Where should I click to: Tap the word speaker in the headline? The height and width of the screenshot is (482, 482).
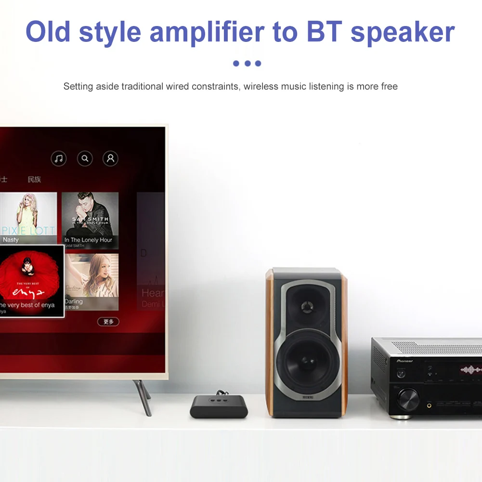(x=403, y=32)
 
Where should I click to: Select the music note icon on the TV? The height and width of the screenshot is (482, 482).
(x=59, y=158)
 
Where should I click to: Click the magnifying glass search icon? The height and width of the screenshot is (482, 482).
(x=85, y=158)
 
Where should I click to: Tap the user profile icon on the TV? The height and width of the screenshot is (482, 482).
(x=110, y=158)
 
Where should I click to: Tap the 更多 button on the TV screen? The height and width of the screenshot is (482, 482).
(x=108, y=322)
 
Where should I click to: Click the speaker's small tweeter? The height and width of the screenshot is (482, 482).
(x=306, y=306)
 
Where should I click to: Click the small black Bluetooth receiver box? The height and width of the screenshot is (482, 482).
(x=219, y=406)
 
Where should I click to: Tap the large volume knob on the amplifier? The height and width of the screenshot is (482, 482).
(x=408, y=399)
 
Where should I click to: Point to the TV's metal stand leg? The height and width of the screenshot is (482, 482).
(x=143, y=397)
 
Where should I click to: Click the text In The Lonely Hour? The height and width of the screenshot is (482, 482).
(x=88, y=240)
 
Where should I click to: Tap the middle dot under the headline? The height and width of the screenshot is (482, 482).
(x=247, y=63)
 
